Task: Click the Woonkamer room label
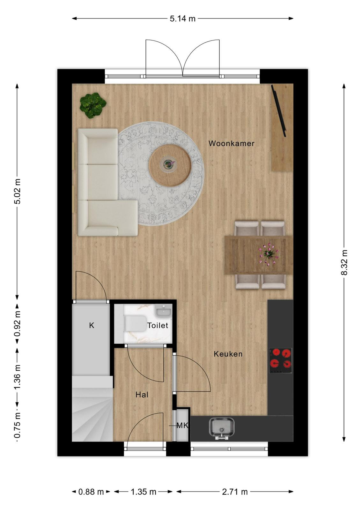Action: (x=232, y=143)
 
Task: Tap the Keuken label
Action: (x=228, y=354)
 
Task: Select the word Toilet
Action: (x=158, y=325)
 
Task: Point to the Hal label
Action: (x=142, y=395)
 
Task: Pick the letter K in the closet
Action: (x=92, y=325)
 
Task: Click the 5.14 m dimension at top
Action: (x=183, y=18)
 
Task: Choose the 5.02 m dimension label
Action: (x=17, y=191)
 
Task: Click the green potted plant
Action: (x=93, y=105)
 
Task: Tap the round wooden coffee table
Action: (x=170, y=165)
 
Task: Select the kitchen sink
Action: (x=222, y=428)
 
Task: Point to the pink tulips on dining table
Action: (x=269, y=253)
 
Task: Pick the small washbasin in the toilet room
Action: (x=163, y=310)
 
